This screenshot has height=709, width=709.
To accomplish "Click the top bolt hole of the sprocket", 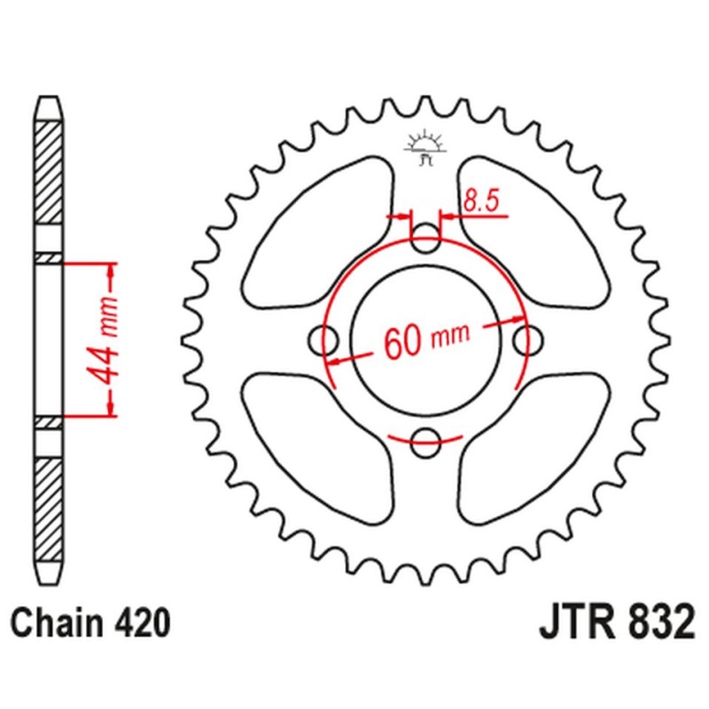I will (427, 236).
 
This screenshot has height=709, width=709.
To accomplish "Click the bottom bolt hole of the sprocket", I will (427, 436).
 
